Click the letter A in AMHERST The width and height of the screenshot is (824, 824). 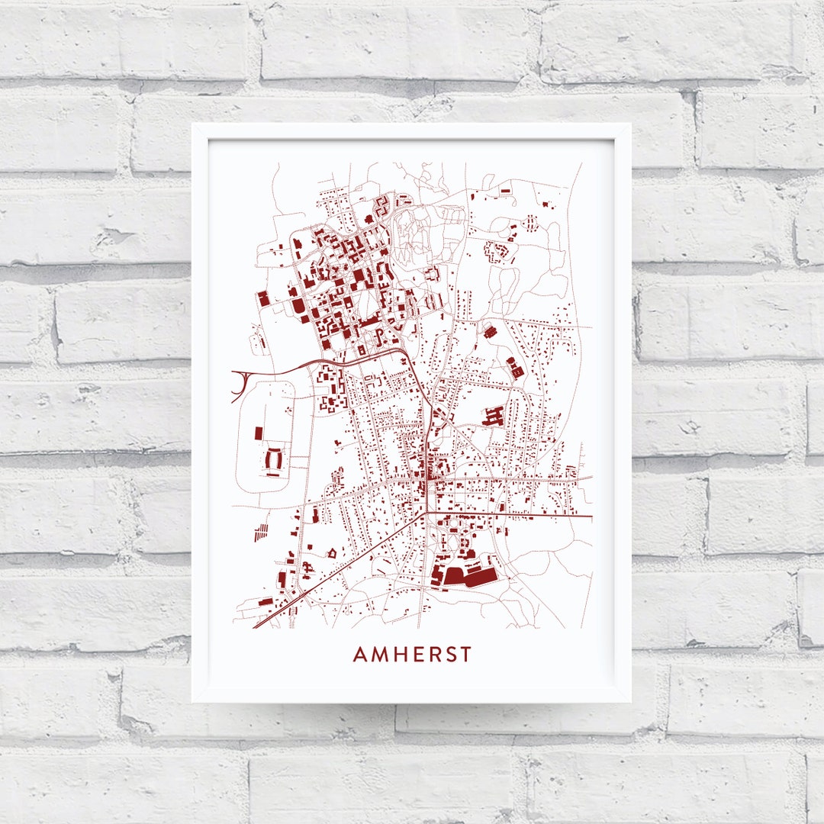pyautogui.click(x=360, y=655)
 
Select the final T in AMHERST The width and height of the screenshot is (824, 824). pyautogui.click(x=466, y=655)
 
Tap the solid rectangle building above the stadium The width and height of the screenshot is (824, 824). pyautogui.click(x=259, y=433)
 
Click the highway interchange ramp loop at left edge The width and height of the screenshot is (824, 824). pyautogui.click(x=238, y=385)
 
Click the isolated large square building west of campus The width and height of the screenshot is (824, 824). pyautogui.click(x=264, y=298)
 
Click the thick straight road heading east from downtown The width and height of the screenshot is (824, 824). pyautogui.click(x=519, y=516)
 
